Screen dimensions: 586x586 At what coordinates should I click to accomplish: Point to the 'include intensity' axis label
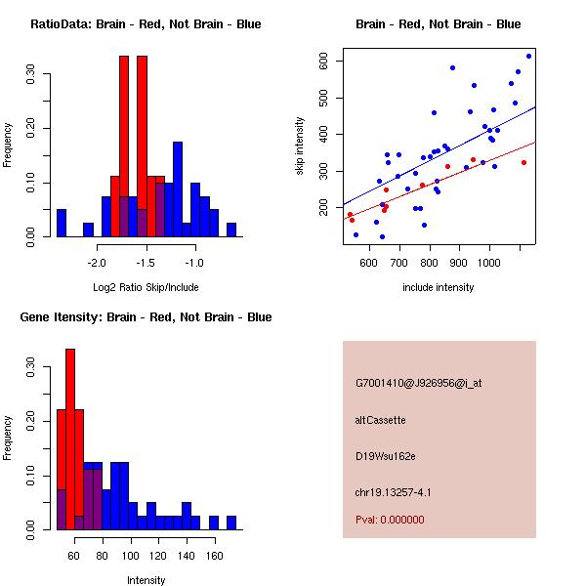tap(438, 287)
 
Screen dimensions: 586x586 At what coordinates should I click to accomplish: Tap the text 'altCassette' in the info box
tap(380, 420)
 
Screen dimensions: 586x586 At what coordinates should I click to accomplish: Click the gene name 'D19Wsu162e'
tap(385, 456)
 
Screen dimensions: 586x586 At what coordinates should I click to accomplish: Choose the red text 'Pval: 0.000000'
tap(390, 520)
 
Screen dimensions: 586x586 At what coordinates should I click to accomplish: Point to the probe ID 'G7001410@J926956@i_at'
tap(418, 383)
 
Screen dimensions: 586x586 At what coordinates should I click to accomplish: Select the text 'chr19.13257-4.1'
tap(393, 492)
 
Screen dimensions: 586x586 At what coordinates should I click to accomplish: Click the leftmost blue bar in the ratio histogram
tap(62, 224)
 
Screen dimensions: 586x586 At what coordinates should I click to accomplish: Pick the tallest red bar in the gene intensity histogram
tap(70, 439)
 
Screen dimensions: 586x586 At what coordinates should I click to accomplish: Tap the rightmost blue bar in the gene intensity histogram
tap(231, 523)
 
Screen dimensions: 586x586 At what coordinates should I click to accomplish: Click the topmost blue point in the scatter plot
tap(528, 56)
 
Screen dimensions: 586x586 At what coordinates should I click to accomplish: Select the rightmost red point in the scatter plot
tap(523, 162)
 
